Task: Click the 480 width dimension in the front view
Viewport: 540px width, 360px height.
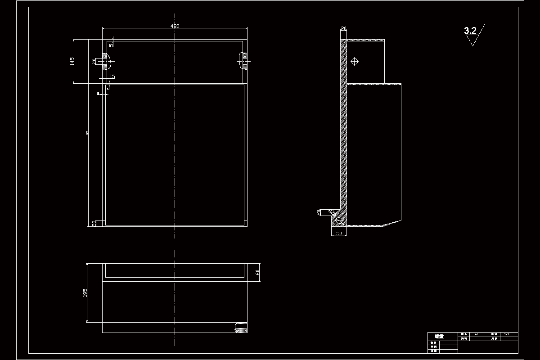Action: pos(175,26)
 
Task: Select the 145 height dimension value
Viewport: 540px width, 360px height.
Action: pos(72,61)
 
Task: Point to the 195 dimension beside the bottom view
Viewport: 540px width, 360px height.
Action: pos(85,293)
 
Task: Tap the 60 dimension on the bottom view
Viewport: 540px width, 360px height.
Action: pos(257,273)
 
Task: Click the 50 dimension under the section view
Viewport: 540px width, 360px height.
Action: pos(339,234)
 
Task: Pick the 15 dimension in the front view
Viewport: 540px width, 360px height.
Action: pos(112,76)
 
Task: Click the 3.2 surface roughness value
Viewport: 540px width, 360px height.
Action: pos(470,31)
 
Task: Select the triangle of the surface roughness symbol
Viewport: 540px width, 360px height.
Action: pos(472,41)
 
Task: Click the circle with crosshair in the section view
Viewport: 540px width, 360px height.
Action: pos(355,61)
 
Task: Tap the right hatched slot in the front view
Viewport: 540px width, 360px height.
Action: pos(243,61)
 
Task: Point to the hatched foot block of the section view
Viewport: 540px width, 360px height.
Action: pos(337,220)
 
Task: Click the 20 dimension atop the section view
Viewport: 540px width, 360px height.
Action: pos(343,29)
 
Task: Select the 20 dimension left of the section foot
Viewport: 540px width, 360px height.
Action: pos(319,212)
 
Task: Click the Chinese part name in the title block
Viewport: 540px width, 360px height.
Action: pos(439,336)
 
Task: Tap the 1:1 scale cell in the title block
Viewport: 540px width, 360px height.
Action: pos(507,334)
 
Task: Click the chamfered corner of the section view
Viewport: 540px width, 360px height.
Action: pos(391,223)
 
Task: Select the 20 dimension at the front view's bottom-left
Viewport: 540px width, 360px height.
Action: pos(94,223)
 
